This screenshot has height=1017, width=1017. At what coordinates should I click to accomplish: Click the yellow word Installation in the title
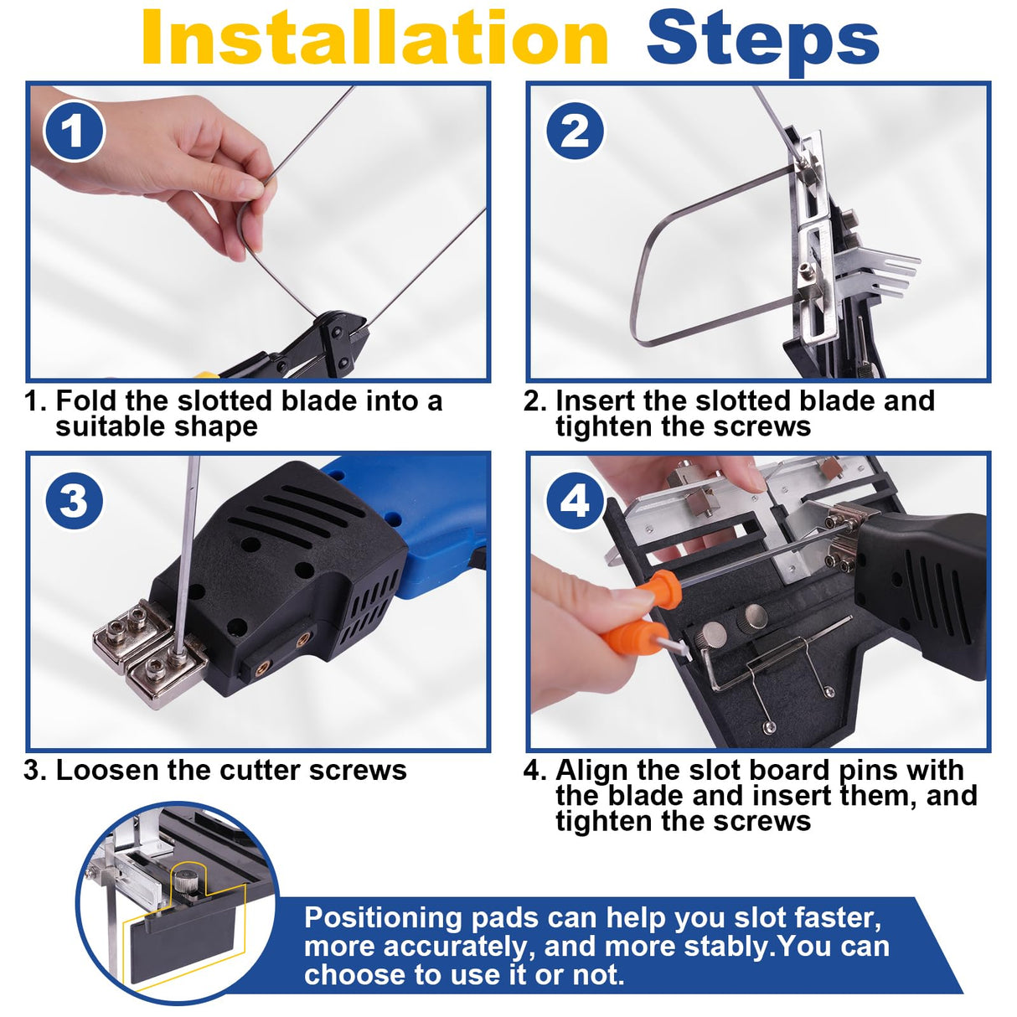[x=375, y=38]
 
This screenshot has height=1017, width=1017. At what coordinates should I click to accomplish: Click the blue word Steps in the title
[x=762, y=41]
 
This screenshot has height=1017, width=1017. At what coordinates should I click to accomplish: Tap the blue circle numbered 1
[x=74, y=131]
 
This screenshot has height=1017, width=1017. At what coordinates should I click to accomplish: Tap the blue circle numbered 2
[x=575, y=131]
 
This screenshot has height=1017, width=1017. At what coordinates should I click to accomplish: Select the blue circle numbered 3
[x=74, y=500]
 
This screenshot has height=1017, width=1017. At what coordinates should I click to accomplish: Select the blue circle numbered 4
[x=575, y=500]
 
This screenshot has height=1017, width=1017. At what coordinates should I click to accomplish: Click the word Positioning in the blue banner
[x=383, y=918]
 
